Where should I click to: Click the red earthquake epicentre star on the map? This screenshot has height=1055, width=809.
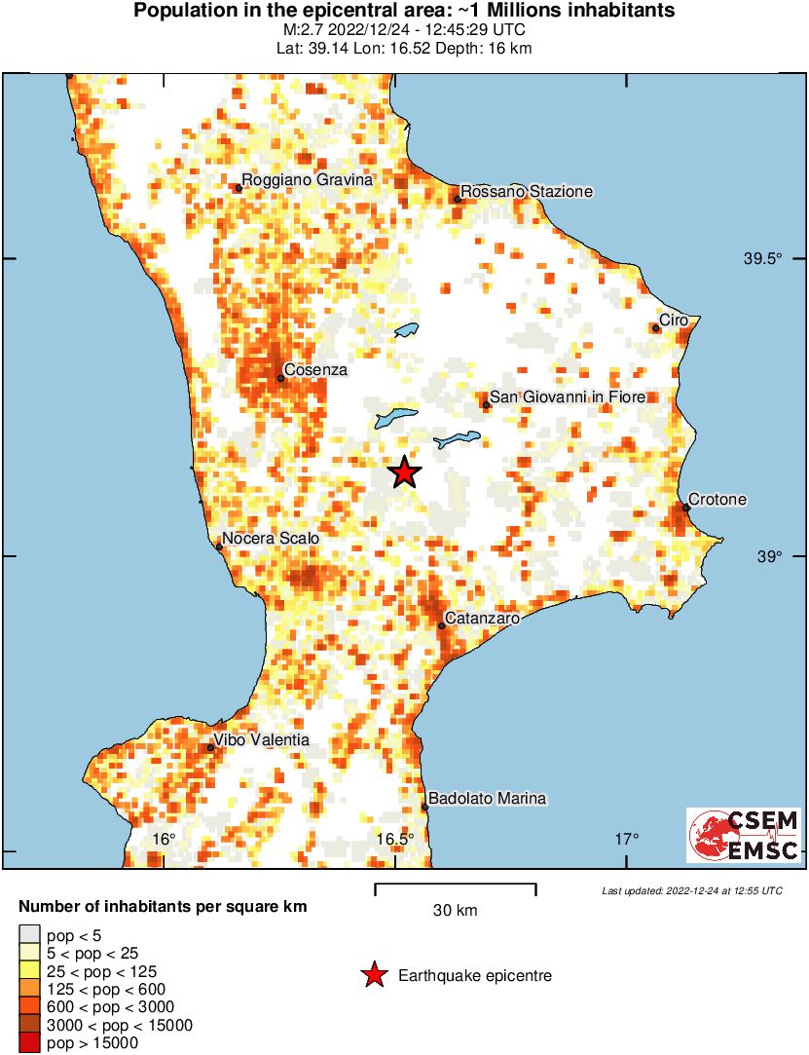tap(405, 473)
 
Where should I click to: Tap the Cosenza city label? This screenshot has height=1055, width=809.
tap(315, 370)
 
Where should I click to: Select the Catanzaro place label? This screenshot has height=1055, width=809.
tap(481, 618)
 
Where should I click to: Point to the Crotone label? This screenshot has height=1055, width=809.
tap(717, 500)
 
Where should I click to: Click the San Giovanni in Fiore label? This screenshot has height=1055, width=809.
tap(569, 396)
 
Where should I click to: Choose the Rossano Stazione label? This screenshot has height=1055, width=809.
tap(526, 192)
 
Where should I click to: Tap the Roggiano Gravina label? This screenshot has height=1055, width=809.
tap(308, 180)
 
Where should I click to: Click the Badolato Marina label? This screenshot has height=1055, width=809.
tap(488, 799)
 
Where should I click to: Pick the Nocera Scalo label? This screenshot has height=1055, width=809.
tap(271, 538)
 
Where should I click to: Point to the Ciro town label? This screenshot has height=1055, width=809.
tap(674, 320)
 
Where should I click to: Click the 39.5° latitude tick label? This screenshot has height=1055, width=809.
tap(763, 259)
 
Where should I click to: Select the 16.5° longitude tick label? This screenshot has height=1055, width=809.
tap(395, 840)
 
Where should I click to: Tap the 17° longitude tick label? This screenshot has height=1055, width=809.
tap(627, 840)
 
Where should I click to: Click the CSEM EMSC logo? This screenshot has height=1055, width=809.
tap(744, 835)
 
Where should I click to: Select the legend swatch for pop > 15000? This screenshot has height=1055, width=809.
tap(30, 1043)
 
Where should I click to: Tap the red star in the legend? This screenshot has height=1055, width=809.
tap(373, 975)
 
